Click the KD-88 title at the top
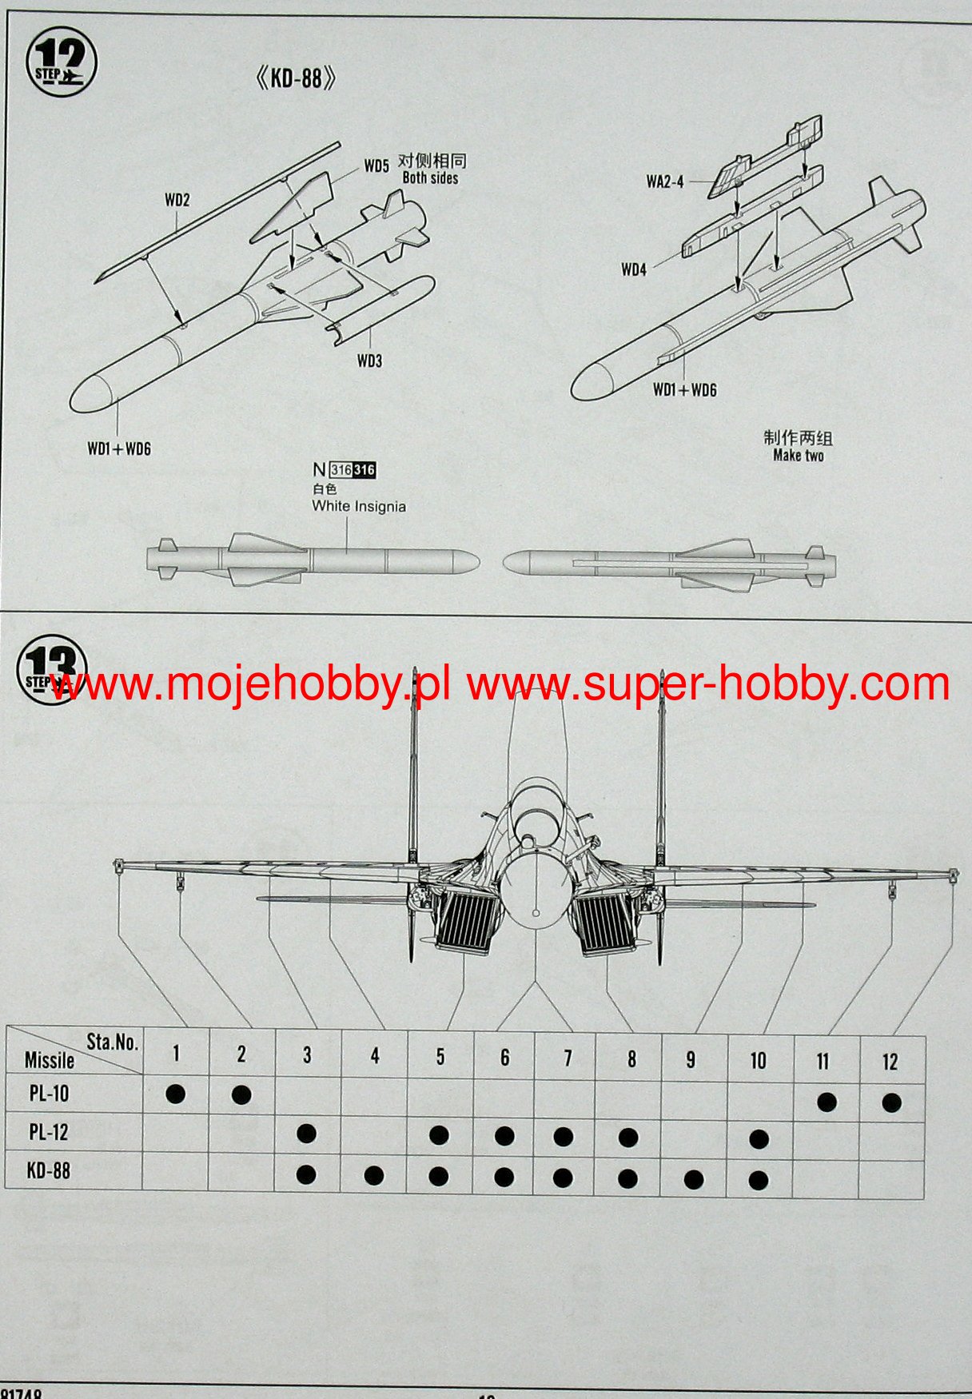pyautogui.click(x=295, y=78)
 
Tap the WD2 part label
pyautogui.click(x=177, y=200)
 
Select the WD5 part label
pyautogui.click(x=376, y=165)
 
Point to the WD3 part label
pyautogui.click(x=369, y=361)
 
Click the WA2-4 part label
pyautogui.click(x=664, y=181)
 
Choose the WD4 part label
pyautogui.click(x=633, y=269)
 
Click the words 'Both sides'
pyautogui.click(x=430, y=178)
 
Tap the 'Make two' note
pyautogui.click(x=798, y=456)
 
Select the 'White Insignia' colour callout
pyautogui.click(x=359, y=506)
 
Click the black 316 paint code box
pyautogui.click(x=364, y=470)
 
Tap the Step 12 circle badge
pyautogui.click(x=61, y=62)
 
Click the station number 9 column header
pyautogui.click(x=691, y=1060)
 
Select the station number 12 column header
pyautogui.click(x=890, y=1062)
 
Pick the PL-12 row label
pyautogui.click(x=49, y=1132)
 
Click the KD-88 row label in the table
pyautogui.click(x=49, y=1170)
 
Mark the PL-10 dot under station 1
pyautogui.click(x=175, y=1094)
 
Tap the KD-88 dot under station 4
pyautogui.click(x=373, y=1175)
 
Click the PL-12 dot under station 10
pyautogui.click(x=759, y=1138)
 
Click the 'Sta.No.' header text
pyautogui.click(x=112, y=1042)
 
